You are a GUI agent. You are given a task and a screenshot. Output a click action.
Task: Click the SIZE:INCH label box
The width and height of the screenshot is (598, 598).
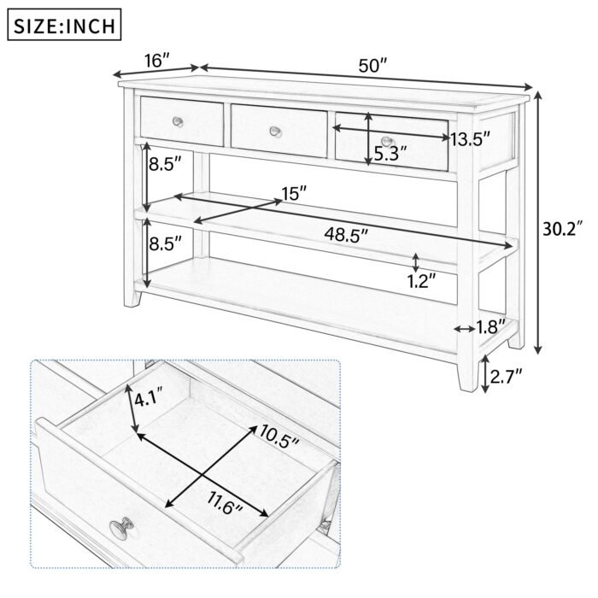pos(64,25)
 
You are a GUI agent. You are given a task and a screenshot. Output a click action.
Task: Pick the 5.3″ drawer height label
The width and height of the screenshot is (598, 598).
pos(390,154)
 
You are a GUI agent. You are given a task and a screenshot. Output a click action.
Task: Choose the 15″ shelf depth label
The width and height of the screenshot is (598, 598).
pos(294,194)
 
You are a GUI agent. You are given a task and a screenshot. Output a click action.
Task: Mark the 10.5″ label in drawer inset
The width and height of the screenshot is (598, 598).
pos(279,441)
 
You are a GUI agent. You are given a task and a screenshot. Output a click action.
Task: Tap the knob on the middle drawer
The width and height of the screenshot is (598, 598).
pos(275,131)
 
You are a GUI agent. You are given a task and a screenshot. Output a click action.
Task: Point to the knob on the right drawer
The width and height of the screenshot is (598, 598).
pos(387,141)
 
